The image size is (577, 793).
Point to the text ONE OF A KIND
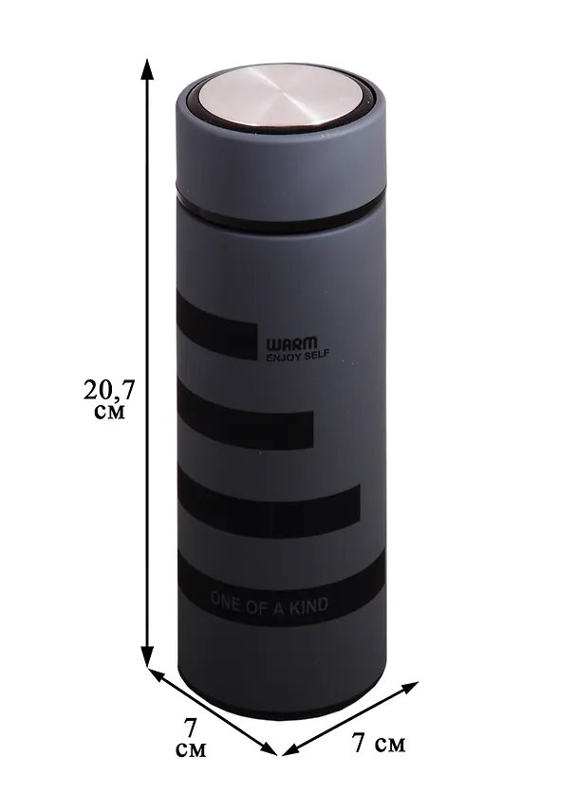[269, 604]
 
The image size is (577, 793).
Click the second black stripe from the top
[245, 415]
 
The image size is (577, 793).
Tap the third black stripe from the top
[269, 503]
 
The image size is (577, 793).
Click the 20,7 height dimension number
[109, 390]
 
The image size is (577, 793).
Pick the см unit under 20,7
[109, 413]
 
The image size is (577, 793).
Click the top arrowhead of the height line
[147, 67]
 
